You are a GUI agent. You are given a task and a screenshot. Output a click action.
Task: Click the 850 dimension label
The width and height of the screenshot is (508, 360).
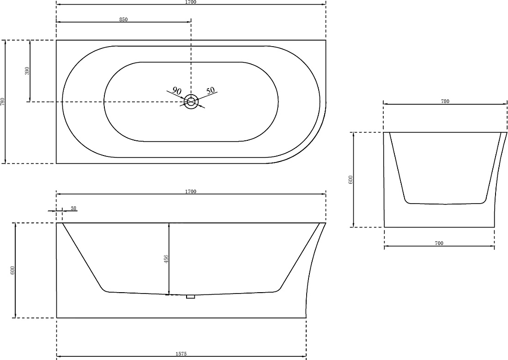123,19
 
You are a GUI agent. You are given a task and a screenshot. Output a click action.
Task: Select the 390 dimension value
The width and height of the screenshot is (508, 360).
27,71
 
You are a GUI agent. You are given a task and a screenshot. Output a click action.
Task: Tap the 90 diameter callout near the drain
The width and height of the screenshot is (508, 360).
176,90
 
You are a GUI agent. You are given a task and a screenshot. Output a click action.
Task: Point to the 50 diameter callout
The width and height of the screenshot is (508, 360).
211,90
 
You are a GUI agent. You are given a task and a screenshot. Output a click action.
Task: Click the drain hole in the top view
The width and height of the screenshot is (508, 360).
191,102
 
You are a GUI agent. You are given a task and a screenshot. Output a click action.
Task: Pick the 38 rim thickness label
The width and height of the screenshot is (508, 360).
73,208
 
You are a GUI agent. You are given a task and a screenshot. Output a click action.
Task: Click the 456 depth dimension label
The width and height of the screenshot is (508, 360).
166,259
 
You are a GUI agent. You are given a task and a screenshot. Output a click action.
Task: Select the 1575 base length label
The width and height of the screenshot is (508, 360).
181,354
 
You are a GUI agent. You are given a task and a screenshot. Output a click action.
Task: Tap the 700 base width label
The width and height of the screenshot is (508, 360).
439,243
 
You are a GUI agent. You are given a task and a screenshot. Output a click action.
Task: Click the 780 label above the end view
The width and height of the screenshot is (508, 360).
445,102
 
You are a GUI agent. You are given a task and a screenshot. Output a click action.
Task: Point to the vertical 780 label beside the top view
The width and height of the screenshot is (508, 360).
3,102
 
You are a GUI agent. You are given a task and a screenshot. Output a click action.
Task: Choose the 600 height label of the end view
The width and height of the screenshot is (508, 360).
350,180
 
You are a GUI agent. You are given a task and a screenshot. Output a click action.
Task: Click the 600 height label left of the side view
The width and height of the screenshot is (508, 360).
12,270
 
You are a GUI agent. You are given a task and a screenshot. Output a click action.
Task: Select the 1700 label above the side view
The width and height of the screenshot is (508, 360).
191,192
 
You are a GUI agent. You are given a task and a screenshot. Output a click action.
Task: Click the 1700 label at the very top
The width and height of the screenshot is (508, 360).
191,2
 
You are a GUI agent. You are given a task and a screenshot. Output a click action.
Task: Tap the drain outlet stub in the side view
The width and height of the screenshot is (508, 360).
190,297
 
